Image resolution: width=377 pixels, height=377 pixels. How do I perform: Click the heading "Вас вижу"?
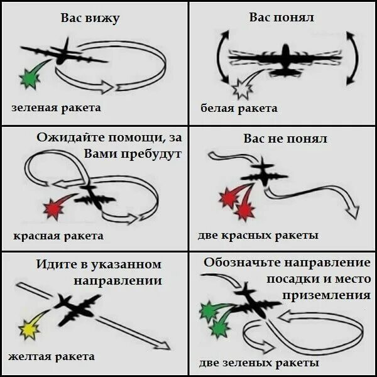point(90,18)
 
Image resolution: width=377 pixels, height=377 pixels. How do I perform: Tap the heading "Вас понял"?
point(281,17)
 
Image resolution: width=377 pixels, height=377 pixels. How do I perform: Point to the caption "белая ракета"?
point(239,108)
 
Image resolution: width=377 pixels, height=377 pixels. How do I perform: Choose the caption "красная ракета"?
point(58,236)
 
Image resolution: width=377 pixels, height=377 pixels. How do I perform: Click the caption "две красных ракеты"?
point(258,236)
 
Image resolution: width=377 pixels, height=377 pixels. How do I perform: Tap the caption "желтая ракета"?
point(52,356)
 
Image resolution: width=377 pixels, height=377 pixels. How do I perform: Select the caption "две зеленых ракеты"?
point(259,363)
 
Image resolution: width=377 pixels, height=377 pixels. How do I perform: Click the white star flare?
point(241,89)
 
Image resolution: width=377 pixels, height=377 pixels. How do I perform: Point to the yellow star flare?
point(28,328)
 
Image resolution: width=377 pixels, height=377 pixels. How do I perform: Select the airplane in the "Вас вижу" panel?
point(63,53)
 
